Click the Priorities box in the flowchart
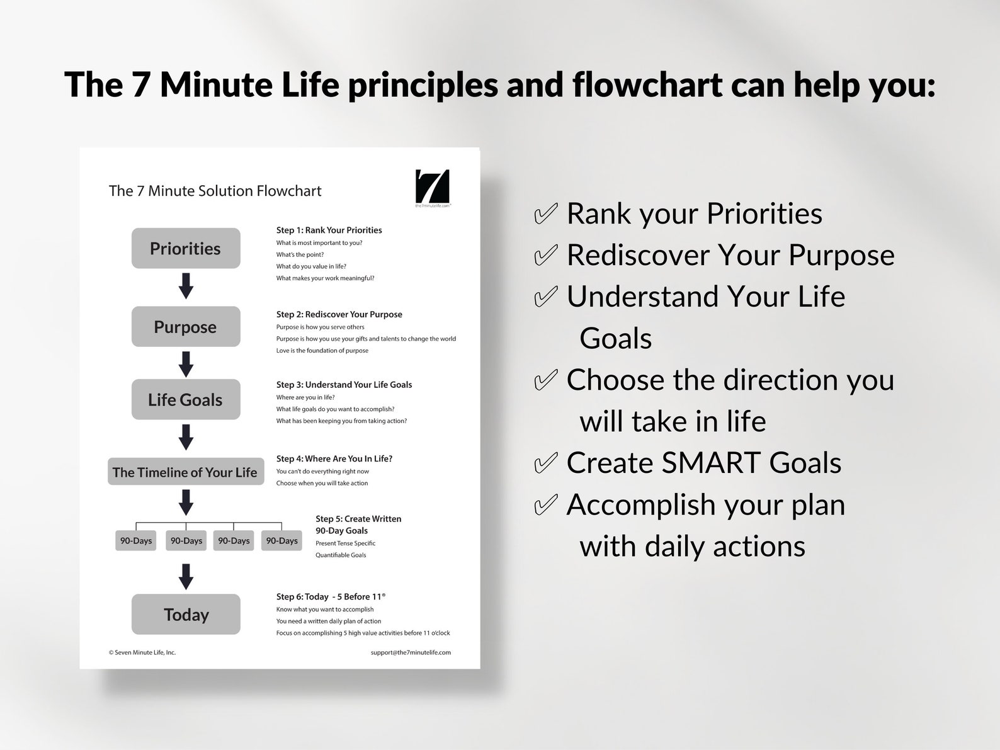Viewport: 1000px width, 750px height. (x=186, y=248)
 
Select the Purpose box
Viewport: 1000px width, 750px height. (x=186, y=327)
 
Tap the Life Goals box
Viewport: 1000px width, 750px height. (x=186, y=399)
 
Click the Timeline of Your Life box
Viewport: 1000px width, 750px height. (x=186, y=472)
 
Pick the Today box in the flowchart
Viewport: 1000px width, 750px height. (x=186, y=614)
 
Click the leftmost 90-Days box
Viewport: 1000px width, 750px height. (x=136, y=540)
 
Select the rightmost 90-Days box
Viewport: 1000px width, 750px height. (x=281, y=540)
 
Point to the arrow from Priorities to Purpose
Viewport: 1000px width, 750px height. (x=186, y=286)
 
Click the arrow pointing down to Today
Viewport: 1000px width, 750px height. (x=186, y=576)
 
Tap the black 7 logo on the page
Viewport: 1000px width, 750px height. (x=433, y=186)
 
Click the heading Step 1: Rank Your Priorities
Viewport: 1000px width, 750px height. (x=329, y=230)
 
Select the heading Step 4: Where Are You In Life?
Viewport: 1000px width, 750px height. (x=334, y=458)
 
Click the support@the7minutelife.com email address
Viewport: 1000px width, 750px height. (x=411, y=652)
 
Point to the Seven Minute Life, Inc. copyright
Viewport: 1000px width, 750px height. (x=142, y=652)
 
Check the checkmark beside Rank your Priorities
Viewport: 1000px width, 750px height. (x=545, y=213)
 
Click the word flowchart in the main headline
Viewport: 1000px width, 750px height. (x=647, y=84)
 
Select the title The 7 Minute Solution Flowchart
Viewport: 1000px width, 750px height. (x=215, y=191)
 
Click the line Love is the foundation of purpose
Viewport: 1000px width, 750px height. (x=322, y=350)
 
